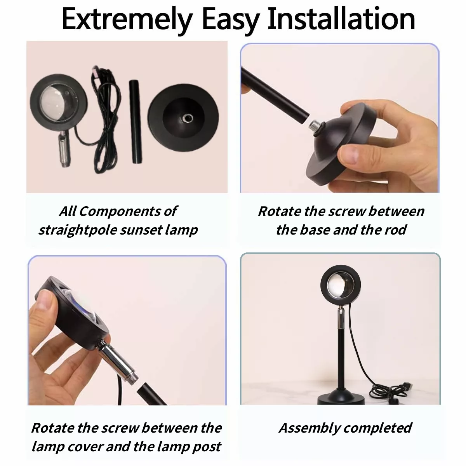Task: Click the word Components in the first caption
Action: pos(120,212)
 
